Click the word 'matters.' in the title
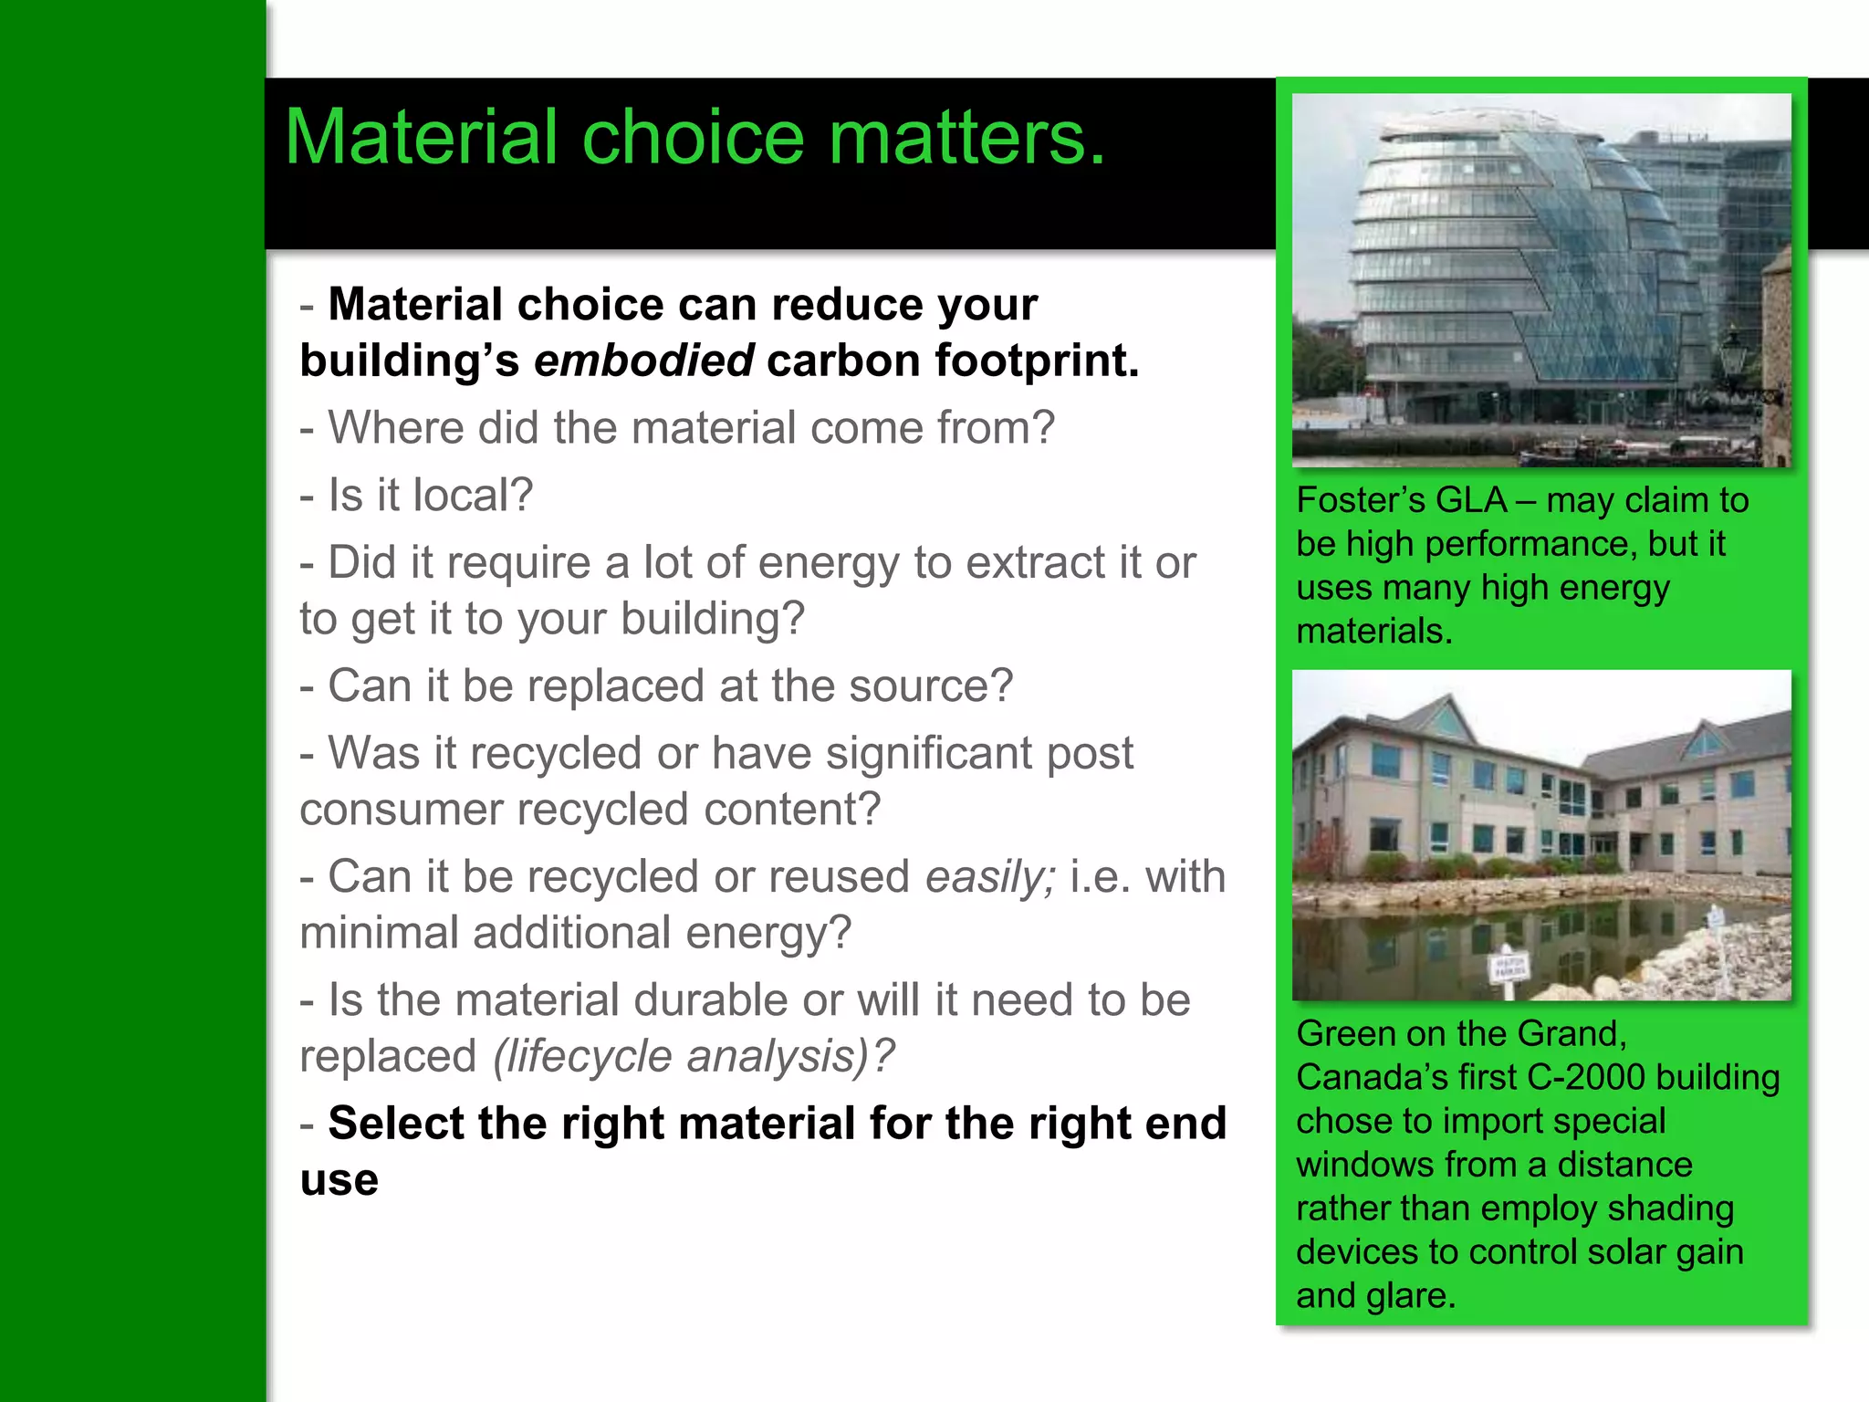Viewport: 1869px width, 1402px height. pos(967,139)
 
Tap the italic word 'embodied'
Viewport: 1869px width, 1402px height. pos(643,361)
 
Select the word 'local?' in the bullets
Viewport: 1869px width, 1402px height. pos(473,496)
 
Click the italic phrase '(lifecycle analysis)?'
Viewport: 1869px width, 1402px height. pos(694,1057)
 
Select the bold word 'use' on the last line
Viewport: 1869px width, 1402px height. pos(339,1180)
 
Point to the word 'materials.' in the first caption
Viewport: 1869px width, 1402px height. pos(1374,632)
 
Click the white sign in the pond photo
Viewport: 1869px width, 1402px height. pos(1509,966)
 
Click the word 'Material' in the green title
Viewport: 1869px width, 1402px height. pos(421,139)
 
